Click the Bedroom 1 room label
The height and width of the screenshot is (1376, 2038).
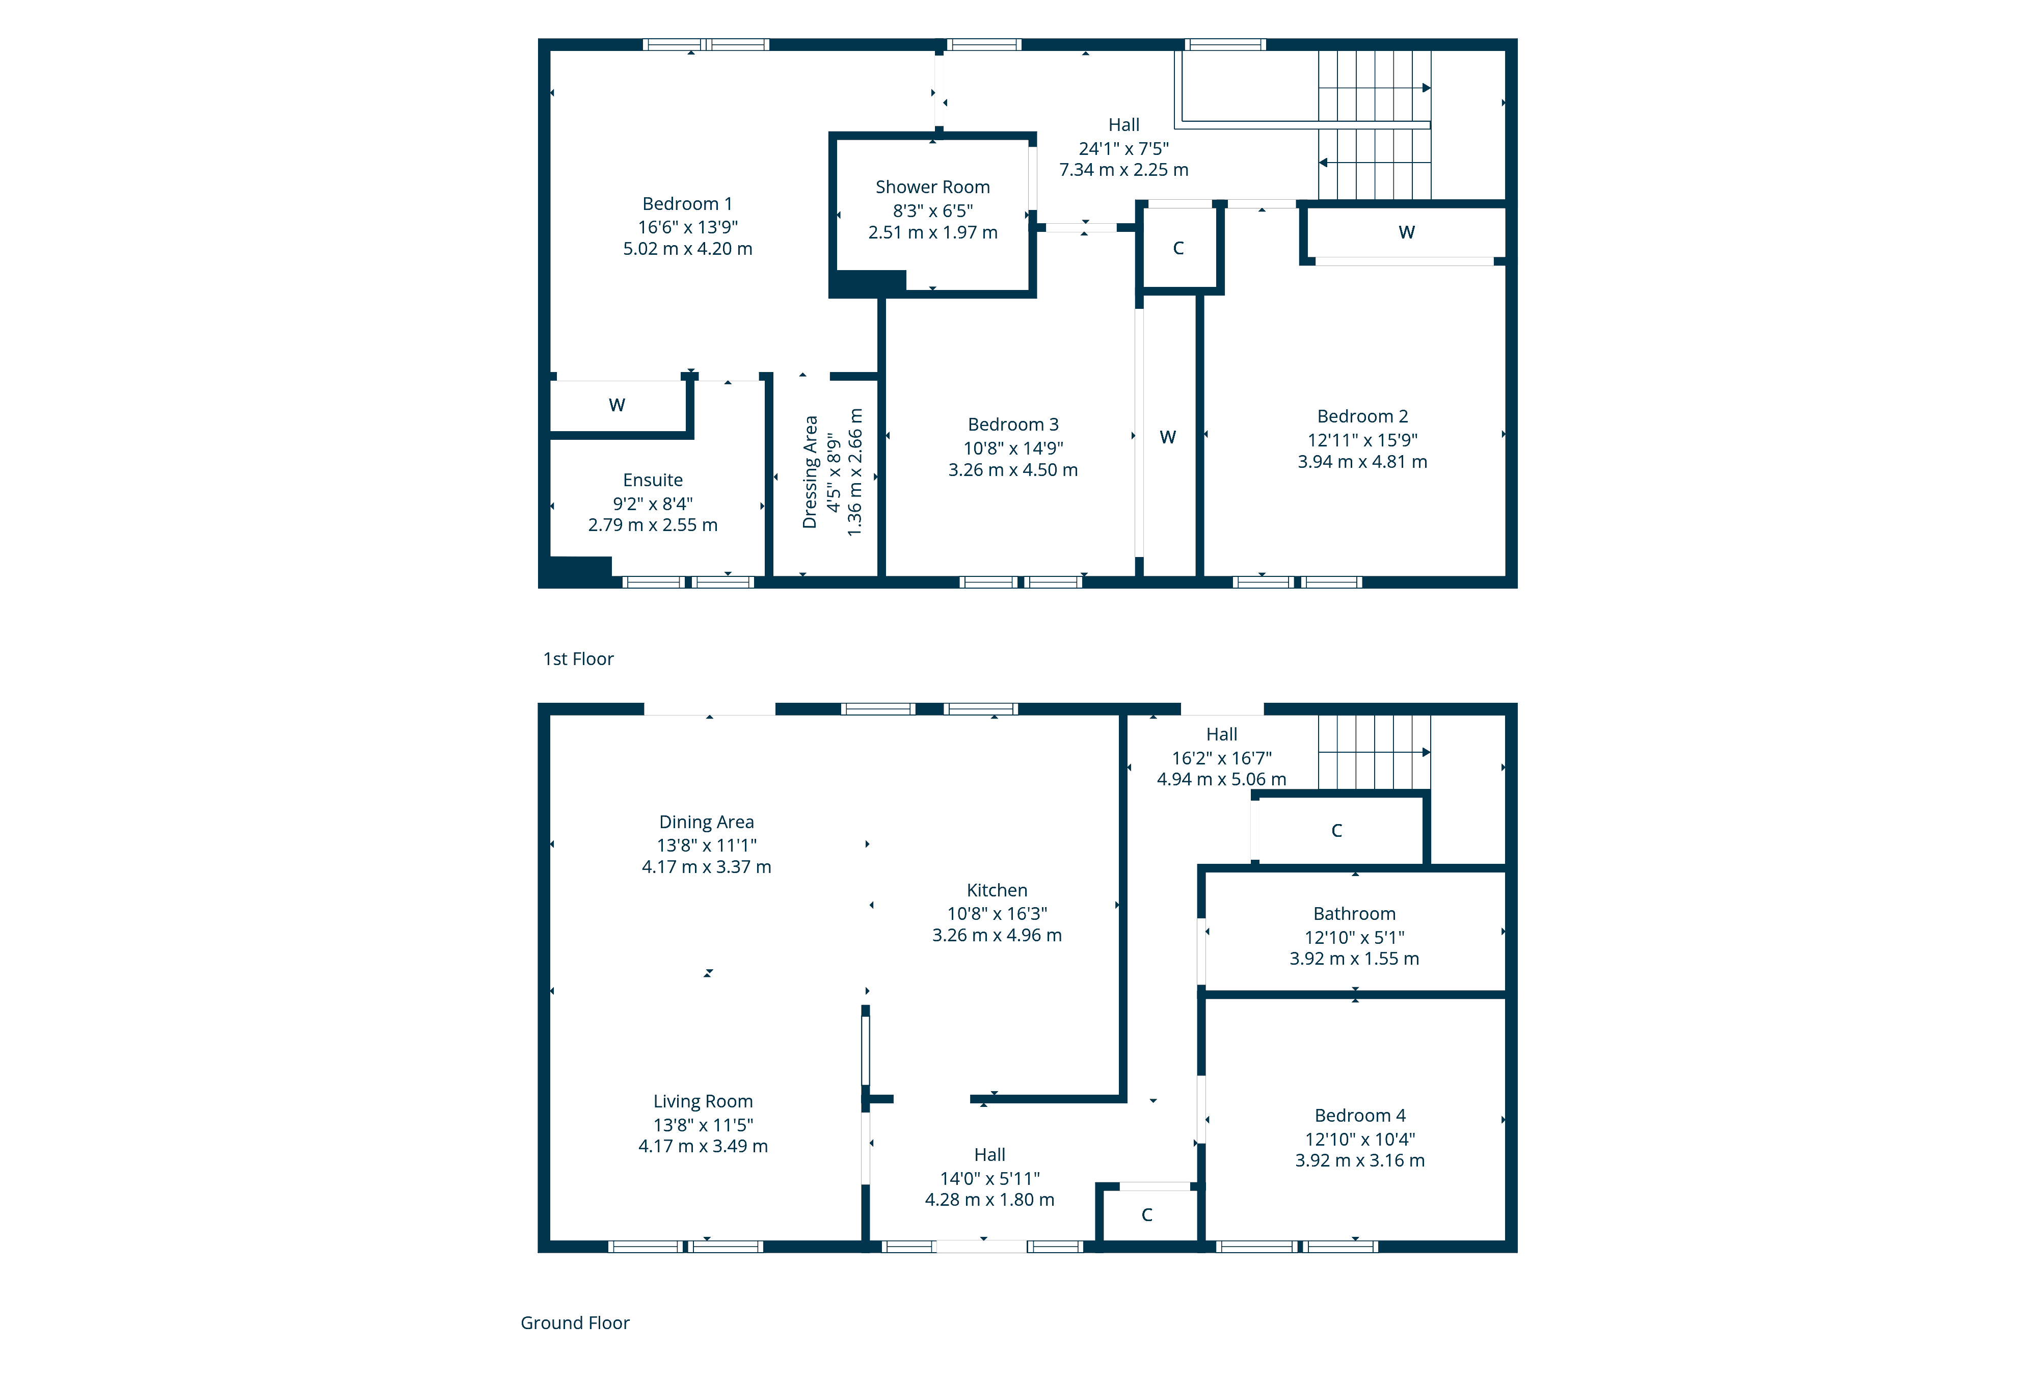[x=687, y=203]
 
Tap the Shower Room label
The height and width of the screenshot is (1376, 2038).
[x=932, y=187]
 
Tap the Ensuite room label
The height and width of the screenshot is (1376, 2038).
[x=653, y=480]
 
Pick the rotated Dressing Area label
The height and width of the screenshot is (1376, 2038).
[x=810, y=472]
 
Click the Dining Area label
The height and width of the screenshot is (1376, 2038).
[x=706, y=822]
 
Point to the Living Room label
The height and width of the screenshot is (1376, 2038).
[x=703, y=1101]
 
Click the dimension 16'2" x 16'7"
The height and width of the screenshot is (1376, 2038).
[x=1222, y=758]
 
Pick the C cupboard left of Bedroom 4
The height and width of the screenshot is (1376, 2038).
[x=1146, y=1214]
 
